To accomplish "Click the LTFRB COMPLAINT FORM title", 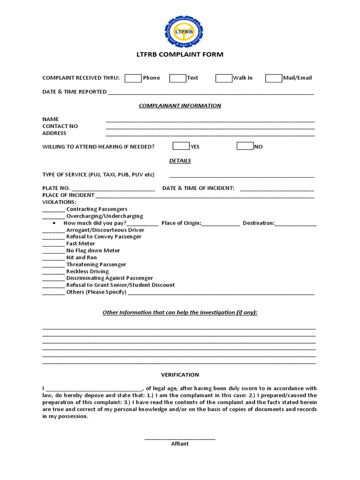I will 180,54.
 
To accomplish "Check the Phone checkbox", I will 133,78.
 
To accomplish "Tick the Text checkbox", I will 178,78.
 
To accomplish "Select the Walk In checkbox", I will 224,78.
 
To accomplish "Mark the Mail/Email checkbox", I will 273,78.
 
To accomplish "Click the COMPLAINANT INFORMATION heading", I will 180,105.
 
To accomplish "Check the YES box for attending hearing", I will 181,146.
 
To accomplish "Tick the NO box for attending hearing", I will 245,146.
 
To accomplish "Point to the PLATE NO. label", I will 56,188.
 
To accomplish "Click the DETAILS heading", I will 180,161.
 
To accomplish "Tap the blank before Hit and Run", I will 53,258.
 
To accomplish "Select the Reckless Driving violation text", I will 87,271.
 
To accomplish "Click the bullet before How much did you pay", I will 54,223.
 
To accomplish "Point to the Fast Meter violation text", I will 81,243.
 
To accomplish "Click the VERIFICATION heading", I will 180,375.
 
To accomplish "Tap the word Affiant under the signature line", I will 180,443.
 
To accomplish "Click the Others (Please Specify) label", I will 96,292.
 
